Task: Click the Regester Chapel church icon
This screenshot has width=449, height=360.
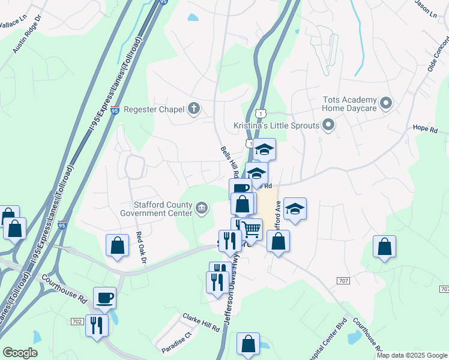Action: point(193,109)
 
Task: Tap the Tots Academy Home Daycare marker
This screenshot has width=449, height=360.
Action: point(387,104)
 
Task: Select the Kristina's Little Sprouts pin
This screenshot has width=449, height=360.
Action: point(328,125)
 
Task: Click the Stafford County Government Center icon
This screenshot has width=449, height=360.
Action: point(202,208)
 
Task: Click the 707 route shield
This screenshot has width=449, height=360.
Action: point(343,281)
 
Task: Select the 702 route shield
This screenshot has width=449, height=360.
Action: point(76,322)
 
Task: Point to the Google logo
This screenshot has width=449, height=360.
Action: point(20,352)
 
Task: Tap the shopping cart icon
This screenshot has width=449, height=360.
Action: point(252,229)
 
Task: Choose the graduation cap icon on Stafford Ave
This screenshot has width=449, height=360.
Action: point(295,209)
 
